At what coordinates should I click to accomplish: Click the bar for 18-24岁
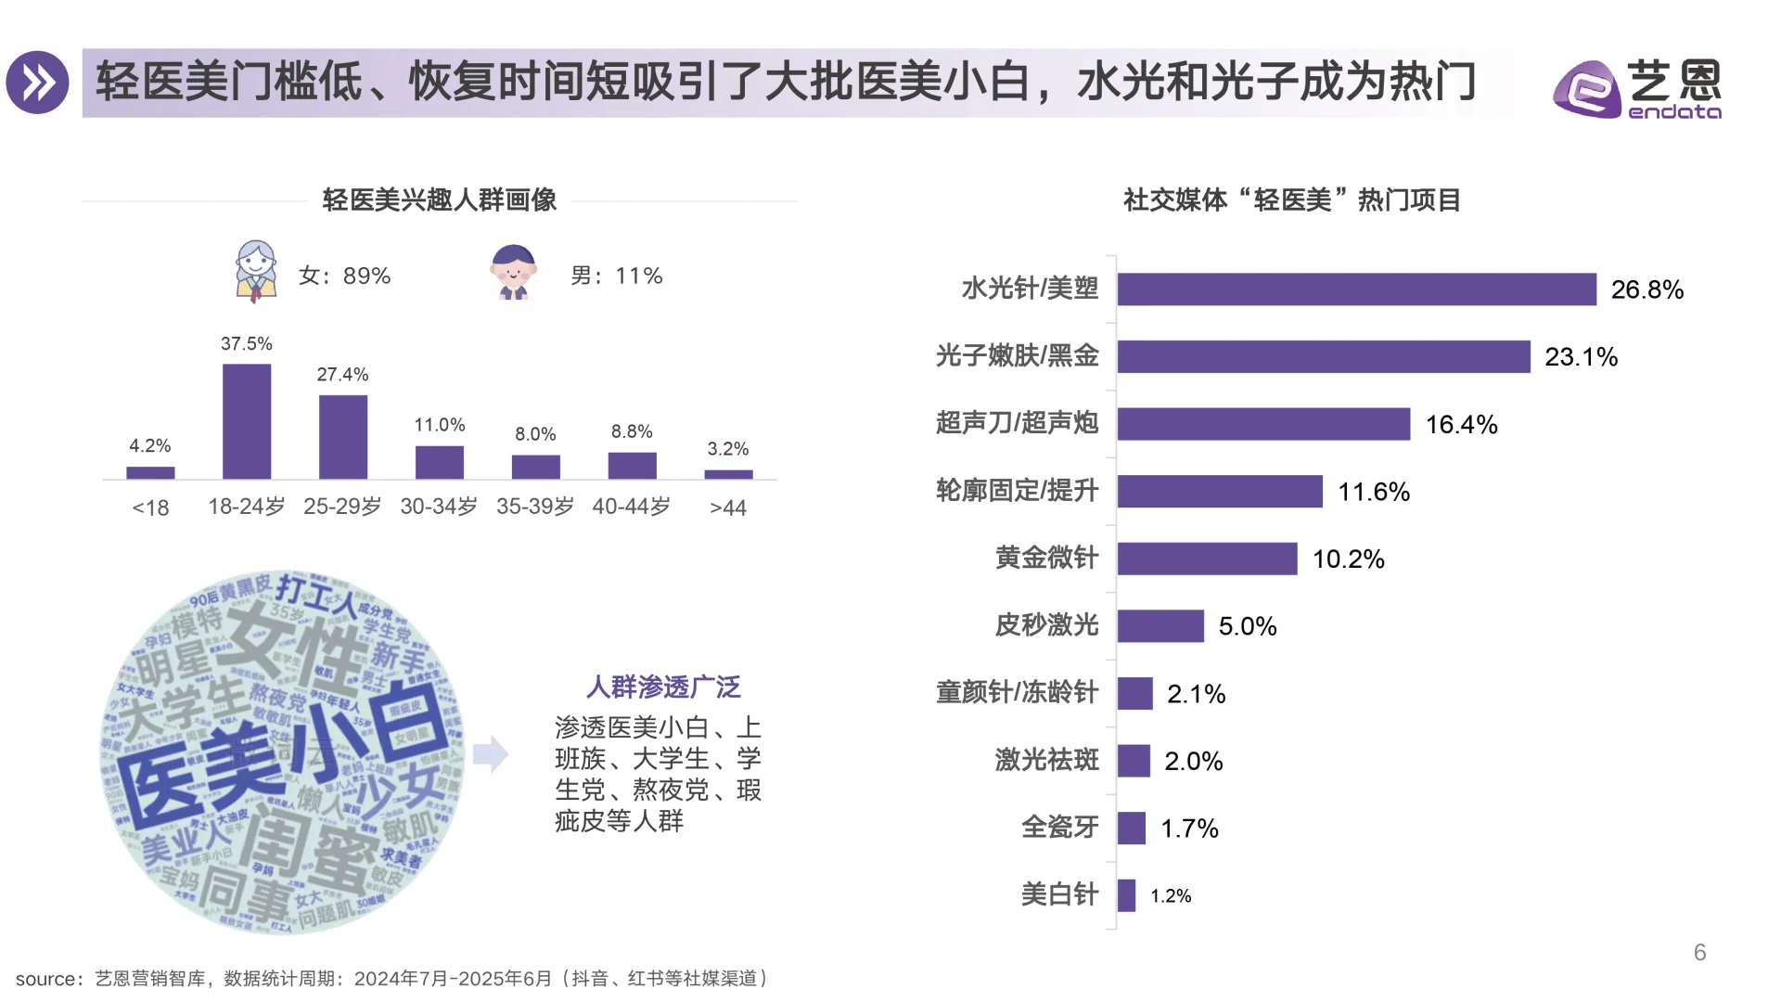tap(247, 421)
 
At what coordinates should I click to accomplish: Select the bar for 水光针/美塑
tap(1356, 289)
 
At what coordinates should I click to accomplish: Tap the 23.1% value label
tap(1581, 357)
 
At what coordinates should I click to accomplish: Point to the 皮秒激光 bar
tap(1160, 626)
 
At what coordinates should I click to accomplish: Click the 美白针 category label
tap(1059, 895)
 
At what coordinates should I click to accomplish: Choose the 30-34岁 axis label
tap(439, 507)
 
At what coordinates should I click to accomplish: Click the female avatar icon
tap(256, 271)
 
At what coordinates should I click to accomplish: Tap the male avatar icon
tap(513, 272)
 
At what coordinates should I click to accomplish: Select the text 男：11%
tap(616, 276)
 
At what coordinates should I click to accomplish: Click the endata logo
tap(1636, 89)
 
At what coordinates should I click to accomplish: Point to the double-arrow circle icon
tap(38, 83)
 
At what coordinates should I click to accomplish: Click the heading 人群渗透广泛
tap(663, 687)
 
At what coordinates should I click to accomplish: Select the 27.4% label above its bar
tap(342, 375)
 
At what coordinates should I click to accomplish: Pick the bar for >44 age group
tap(728, 474)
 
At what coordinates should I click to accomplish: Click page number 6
tap(1699, 953)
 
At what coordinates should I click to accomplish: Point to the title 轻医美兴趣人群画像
tap(439, 200)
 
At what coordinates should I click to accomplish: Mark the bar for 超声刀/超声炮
tap(1263, 424)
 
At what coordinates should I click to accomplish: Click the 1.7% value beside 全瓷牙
tap(1189, 829)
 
